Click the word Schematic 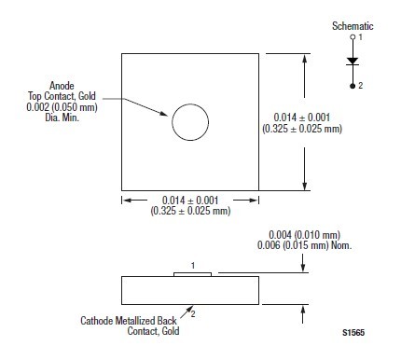[353, 26]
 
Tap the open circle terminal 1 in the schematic [353, 37]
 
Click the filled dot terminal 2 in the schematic [353, 86]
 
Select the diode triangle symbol [353, 62]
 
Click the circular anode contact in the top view [190, 104]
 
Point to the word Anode [62, 86]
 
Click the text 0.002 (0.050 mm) [62, 107]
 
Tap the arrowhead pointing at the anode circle [164, 114]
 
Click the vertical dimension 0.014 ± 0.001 [301, 118]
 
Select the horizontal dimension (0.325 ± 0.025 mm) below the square [190, 211]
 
